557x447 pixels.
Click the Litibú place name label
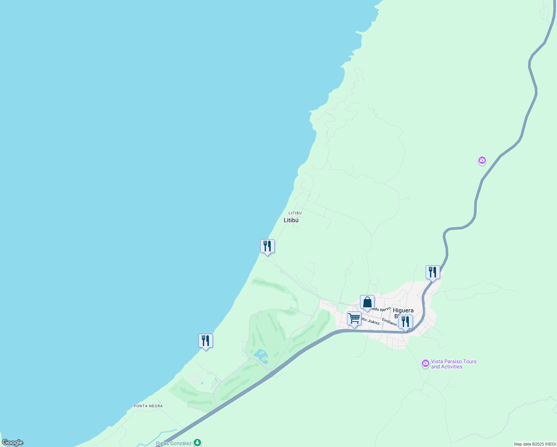pos(291,220)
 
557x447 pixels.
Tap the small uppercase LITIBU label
pos(295,213)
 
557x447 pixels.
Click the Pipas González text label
pos(174,443)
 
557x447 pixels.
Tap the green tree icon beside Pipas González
pos(198,443)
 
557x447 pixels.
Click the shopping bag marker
pos(367,302)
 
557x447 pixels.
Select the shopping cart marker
pos(354,319)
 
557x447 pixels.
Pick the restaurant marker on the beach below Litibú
pos(267,246)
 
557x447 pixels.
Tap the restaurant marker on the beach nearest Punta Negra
pos(206,341)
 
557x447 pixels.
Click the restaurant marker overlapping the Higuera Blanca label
pos(405,322)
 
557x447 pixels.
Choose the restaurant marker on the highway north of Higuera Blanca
pos(433,272)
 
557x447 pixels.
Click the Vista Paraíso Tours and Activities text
pos(453,364)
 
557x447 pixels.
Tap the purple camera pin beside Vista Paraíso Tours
pos(426,363)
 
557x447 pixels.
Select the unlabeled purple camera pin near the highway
pos(482,161)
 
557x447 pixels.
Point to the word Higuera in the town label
pos(403,310)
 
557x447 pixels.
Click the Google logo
pos(13,443)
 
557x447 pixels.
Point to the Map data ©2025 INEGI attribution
pos(535,444)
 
